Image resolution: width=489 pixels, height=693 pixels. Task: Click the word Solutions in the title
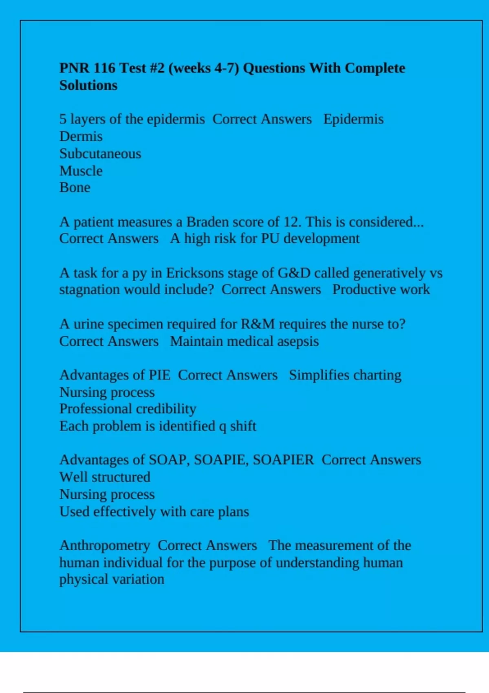click(88, 85)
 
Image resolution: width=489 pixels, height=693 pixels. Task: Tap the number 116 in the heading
click(104, 68)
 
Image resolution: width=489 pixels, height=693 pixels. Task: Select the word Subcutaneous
click(100, 154)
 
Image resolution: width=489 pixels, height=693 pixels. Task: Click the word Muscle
click(81, 171)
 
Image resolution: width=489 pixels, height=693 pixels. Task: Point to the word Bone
click(75, 188)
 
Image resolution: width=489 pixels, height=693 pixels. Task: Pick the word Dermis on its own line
click(81, 136)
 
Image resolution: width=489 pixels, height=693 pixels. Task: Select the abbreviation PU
click(270, 238)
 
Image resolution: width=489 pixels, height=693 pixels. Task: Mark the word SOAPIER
click(283, 460)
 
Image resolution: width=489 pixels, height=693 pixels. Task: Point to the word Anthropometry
click(105, 545)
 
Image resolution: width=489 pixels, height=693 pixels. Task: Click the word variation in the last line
click(138, 579)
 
